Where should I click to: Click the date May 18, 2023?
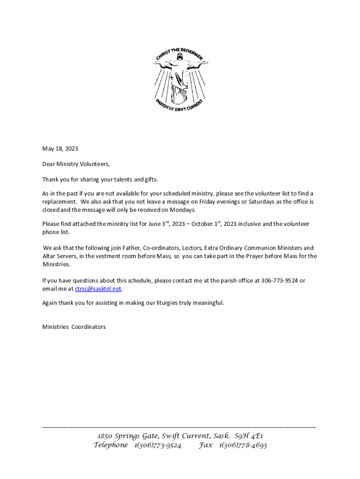60,149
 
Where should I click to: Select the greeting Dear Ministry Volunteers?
76,164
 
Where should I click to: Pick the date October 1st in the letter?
208,224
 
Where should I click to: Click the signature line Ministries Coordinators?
74,327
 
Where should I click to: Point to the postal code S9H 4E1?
252,436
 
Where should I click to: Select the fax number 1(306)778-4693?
243,445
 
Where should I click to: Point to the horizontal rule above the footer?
179,427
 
